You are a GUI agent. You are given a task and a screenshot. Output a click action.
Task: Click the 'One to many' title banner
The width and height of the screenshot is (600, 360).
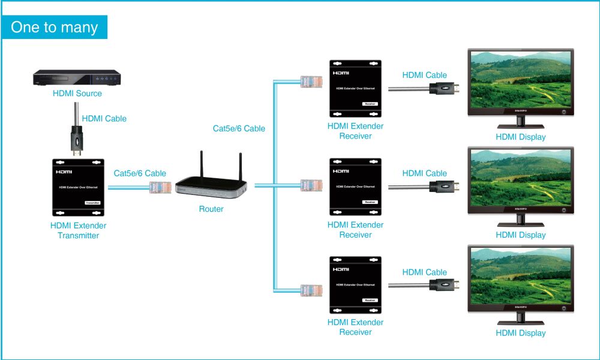pos(55,27)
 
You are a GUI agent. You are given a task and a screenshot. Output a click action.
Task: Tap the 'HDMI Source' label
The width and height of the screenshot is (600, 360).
pos(77,94)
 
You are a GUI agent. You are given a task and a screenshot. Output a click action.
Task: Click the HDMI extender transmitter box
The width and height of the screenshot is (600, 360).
pos(78,188)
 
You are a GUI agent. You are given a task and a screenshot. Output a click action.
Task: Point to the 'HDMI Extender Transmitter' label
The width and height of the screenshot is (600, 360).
pos(78,230)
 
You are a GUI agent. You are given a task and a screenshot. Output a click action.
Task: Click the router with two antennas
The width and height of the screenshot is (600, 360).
pos(211,184)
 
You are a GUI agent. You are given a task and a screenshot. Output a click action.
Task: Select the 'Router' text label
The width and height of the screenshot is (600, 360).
pos(211,209)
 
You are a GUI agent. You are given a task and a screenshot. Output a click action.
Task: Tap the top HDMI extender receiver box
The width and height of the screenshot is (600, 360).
pos(355,88)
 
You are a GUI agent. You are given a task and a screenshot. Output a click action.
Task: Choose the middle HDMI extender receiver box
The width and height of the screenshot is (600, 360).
pos(355,187)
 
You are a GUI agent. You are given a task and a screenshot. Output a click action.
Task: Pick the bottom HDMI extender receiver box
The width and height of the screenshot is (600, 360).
pos(355,285)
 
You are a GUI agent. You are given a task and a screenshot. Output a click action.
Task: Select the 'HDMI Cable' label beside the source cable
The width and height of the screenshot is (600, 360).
pos(104,119)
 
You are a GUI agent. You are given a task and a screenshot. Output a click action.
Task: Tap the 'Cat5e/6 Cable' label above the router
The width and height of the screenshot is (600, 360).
pos(239,128)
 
